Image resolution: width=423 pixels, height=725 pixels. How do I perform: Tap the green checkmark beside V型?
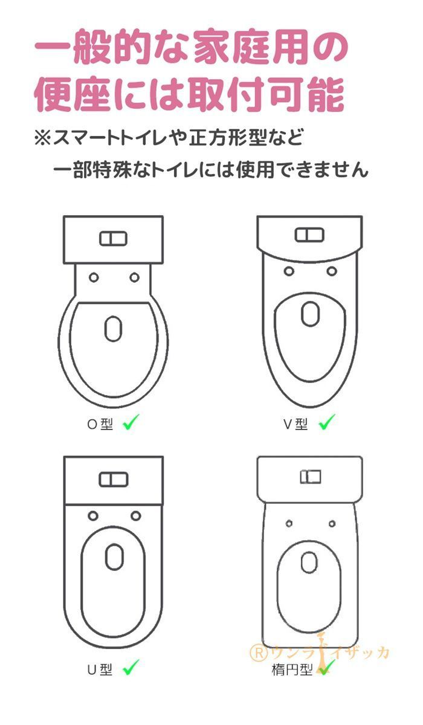(x=326, y=422)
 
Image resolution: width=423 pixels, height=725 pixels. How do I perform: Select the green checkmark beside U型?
(x=131, y=668)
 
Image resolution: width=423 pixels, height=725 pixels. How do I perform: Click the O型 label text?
(x=100, y=424)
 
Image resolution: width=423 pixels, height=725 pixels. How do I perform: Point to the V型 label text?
(x=295, y=424)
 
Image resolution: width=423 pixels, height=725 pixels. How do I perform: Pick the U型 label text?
(x=100, y=669)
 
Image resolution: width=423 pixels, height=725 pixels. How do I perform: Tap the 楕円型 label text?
(x=292, y=669)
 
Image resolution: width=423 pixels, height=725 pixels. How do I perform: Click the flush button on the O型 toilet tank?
(x=113, y=239)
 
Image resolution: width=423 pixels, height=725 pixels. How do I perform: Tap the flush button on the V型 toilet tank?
(x=309, y=235)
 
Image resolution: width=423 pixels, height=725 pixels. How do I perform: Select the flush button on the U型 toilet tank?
(x=113, y=480)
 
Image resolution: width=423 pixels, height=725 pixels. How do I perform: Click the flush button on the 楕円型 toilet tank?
(x=311, y=477)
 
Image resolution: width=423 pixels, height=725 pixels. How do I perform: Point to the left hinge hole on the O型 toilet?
(x=94, y=277)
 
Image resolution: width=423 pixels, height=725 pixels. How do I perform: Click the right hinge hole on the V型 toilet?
(x=332, y=271)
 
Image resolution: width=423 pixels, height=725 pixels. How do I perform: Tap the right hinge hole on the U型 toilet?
(x=135, y=515)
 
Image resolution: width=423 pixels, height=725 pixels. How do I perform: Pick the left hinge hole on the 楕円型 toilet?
(x=289, y=523)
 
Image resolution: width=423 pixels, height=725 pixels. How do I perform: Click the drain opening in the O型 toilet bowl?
(x=113, y=329)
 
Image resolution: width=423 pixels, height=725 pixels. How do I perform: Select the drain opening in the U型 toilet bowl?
(x=114, y=556)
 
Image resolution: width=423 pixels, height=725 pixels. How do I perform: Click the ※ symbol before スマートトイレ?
(x=43, y=138)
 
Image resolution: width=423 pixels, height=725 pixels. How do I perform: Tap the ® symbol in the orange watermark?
(x=259, y=653)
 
